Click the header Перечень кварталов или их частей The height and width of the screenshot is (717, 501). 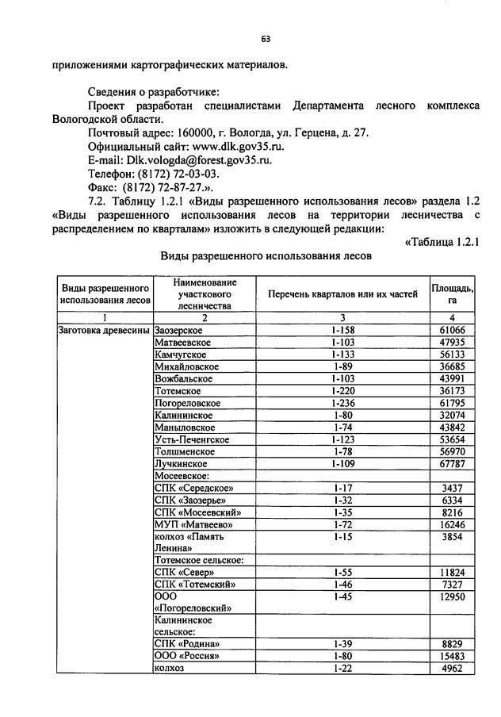click(x=342, y=294)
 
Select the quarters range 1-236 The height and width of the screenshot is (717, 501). click(x=342, y=403)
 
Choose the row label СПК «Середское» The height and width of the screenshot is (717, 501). click(x=194, y=488)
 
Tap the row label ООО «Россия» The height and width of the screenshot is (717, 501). click(x=186, y=656)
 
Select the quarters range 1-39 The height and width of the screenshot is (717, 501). click(x=342, y=644)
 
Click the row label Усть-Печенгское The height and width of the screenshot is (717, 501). click(x=192, y=439)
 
